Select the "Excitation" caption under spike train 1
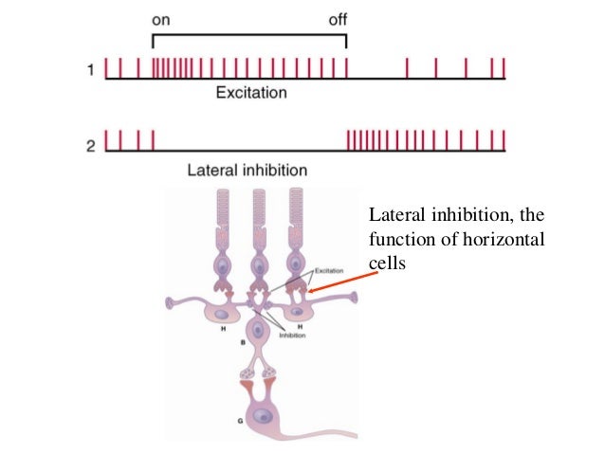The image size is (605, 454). tap(251, 93)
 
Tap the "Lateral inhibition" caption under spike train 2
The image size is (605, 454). tap(247, 171)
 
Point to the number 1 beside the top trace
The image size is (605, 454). tap(91, 69)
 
